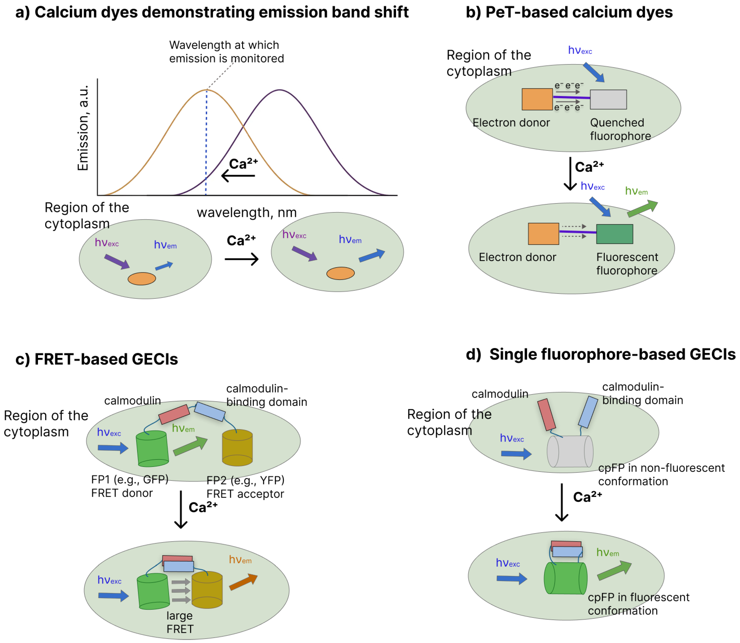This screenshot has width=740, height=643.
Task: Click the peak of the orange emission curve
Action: coord(206,90)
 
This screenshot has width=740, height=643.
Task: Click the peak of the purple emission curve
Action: coord(280,90)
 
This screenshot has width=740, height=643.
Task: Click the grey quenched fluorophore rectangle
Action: coord(608,99)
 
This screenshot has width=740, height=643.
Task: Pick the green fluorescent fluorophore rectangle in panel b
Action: coord(614,234)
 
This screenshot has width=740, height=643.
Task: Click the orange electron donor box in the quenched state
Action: coord(537,99)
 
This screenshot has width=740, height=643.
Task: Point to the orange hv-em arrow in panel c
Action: coord(243,582)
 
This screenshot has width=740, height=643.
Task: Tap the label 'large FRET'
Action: coord(180,622)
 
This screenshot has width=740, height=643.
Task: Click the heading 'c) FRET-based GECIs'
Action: coord(96,359)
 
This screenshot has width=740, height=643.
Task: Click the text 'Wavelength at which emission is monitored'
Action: coord(226,52)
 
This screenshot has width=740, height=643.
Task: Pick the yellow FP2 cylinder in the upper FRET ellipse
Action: coord(237,448)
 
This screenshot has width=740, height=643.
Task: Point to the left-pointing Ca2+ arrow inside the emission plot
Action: coord(238,176)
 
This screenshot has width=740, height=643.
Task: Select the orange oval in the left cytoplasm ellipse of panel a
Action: coord(142,279)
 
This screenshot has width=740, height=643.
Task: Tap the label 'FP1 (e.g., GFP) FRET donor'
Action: coord(129,486)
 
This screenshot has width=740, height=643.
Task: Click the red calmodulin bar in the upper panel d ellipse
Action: coord(547,414)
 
